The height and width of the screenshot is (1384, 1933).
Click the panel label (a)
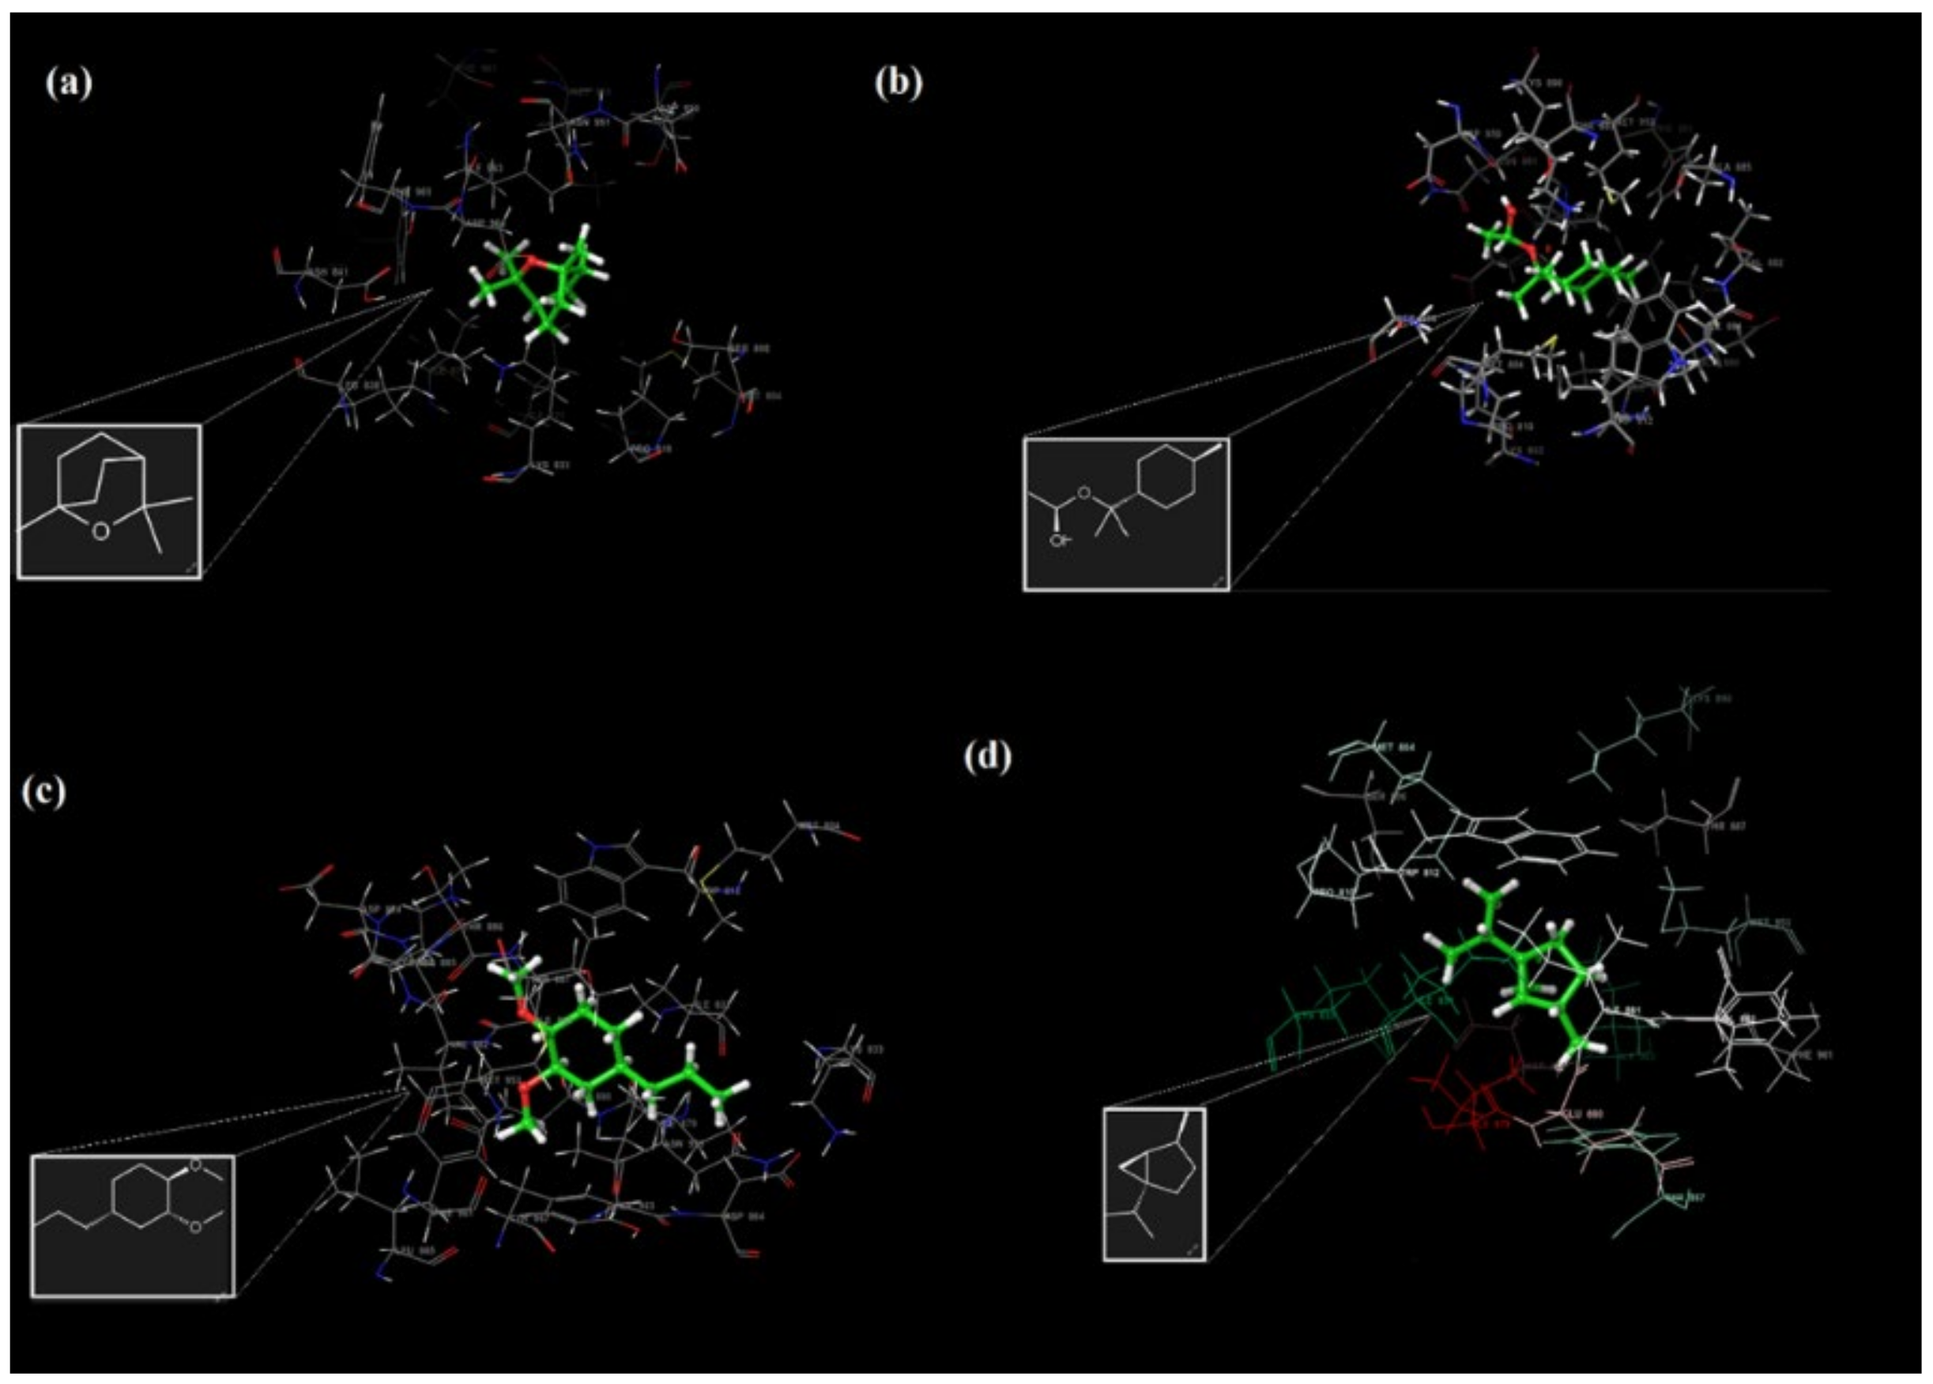69,84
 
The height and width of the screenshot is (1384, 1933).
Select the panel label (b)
899,84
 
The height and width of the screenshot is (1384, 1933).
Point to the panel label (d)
987,756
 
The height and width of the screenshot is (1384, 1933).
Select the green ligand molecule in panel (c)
597,1053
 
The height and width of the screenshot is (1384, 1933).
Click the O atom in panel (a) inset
100,532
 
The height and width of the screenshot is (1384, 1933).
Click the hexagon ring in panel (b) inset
1162,479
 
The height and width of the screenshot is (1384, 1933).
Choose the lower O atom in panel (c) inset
194,1227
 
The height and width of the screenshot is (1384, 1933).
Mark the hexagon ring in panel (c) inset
141,1195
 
